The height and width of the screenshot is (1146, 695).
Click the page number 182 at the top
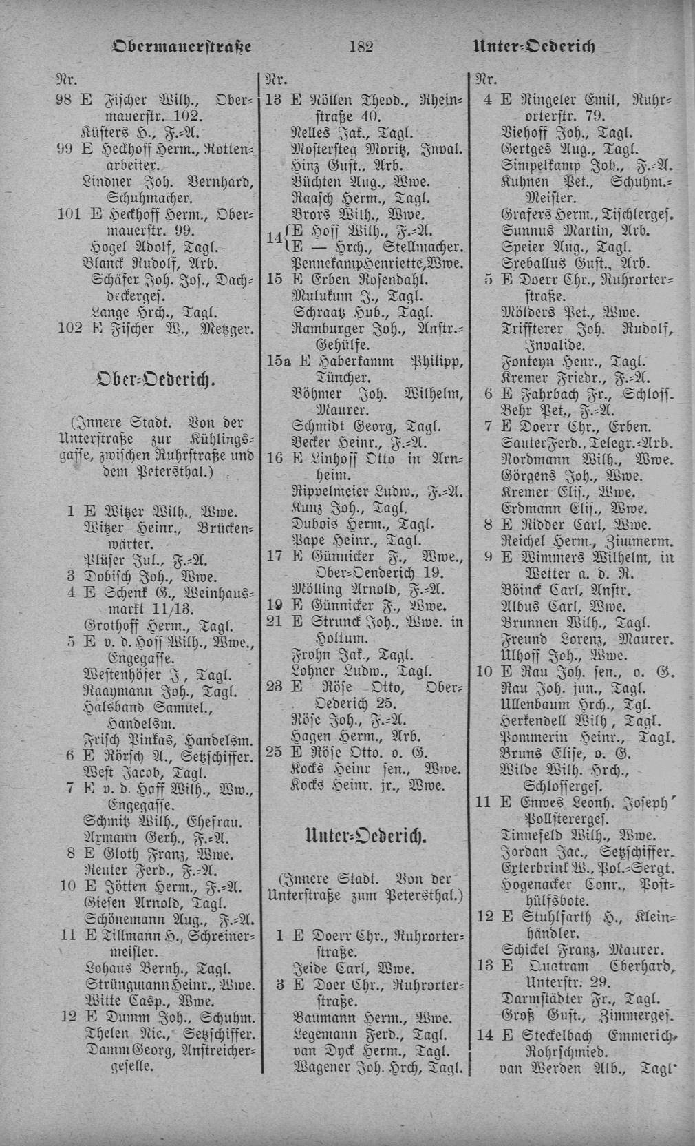click(x=361, y=47)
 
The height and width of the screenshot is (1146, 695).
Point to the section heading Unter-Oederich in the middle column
click(x=365, y=837)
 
